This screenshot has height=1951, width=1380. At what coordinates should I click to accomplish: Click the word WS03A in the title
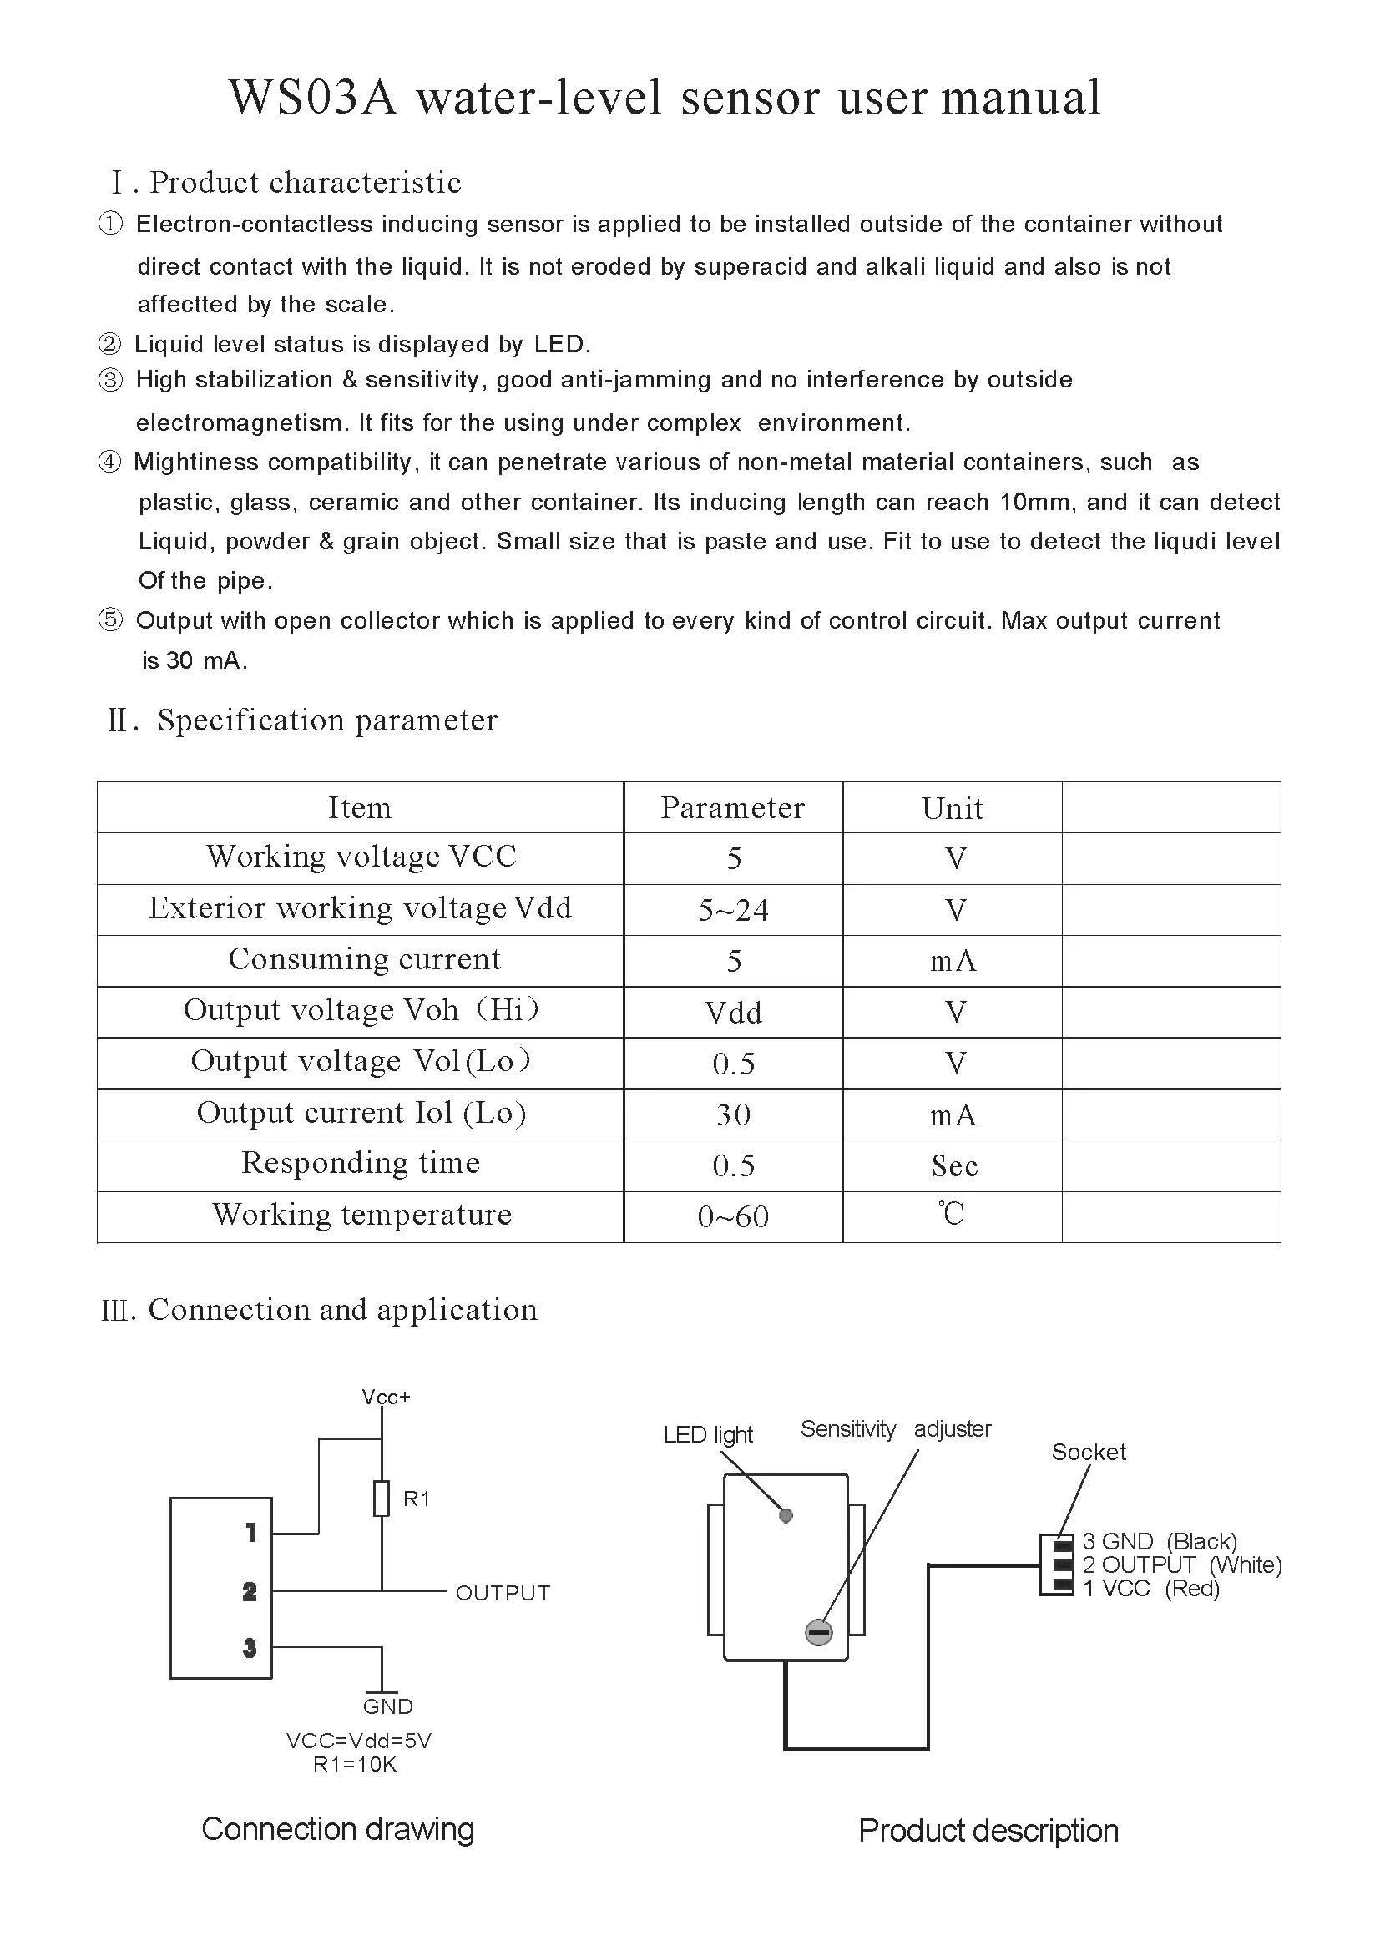[313, 98]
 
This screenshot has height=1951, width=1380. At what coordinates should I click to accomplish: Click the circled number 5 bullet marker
[110, 620]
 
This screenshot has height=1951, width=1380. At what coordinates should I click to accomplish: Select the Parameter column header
[732, 808]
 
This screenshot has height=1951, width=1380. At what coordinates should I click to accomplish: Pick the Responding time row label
[361, 1163]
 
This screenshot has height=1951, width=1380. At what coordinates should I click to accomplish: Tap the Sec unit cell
[953, 1165]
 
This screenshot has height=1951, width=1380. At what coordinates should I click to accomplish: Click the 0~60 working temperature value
[732, 1217]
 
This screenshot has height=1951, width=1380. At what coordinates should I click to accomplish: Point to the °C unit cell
[952, 1215]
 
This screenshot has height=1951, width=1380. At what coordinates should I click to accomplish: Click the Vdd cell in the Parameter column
[732, 1013]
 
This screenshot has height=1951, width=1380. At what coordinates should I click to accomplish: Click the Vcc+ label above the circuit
[386, 1397]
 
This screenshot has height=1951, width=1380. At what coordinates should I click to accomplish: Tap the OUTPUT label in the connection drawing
[503, 1593]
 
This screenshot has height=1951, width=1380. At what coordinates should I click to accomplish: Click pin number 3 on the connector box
[249, 1649]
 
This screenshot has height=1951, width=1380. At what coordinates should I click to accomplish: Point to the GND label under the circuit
[387, 1706]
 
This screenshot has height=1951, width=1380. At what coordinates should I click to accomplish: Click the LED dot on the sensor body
[786, 1515]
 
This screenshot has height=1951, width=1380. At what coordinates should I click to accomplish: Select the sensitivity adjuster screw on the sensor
[818, 1632]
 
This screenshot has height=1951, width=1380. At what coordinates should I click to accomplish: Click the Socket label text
[1089, 1453]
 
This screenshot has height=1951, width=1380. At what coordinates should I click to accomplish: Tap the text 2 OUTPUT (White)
[1181, 1564]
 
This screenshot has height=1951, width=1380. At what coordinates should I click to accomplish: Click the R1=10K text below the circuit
[355, 1764]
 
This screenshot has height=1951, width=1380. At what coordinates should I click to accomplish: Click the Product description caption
[988, 1831]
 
